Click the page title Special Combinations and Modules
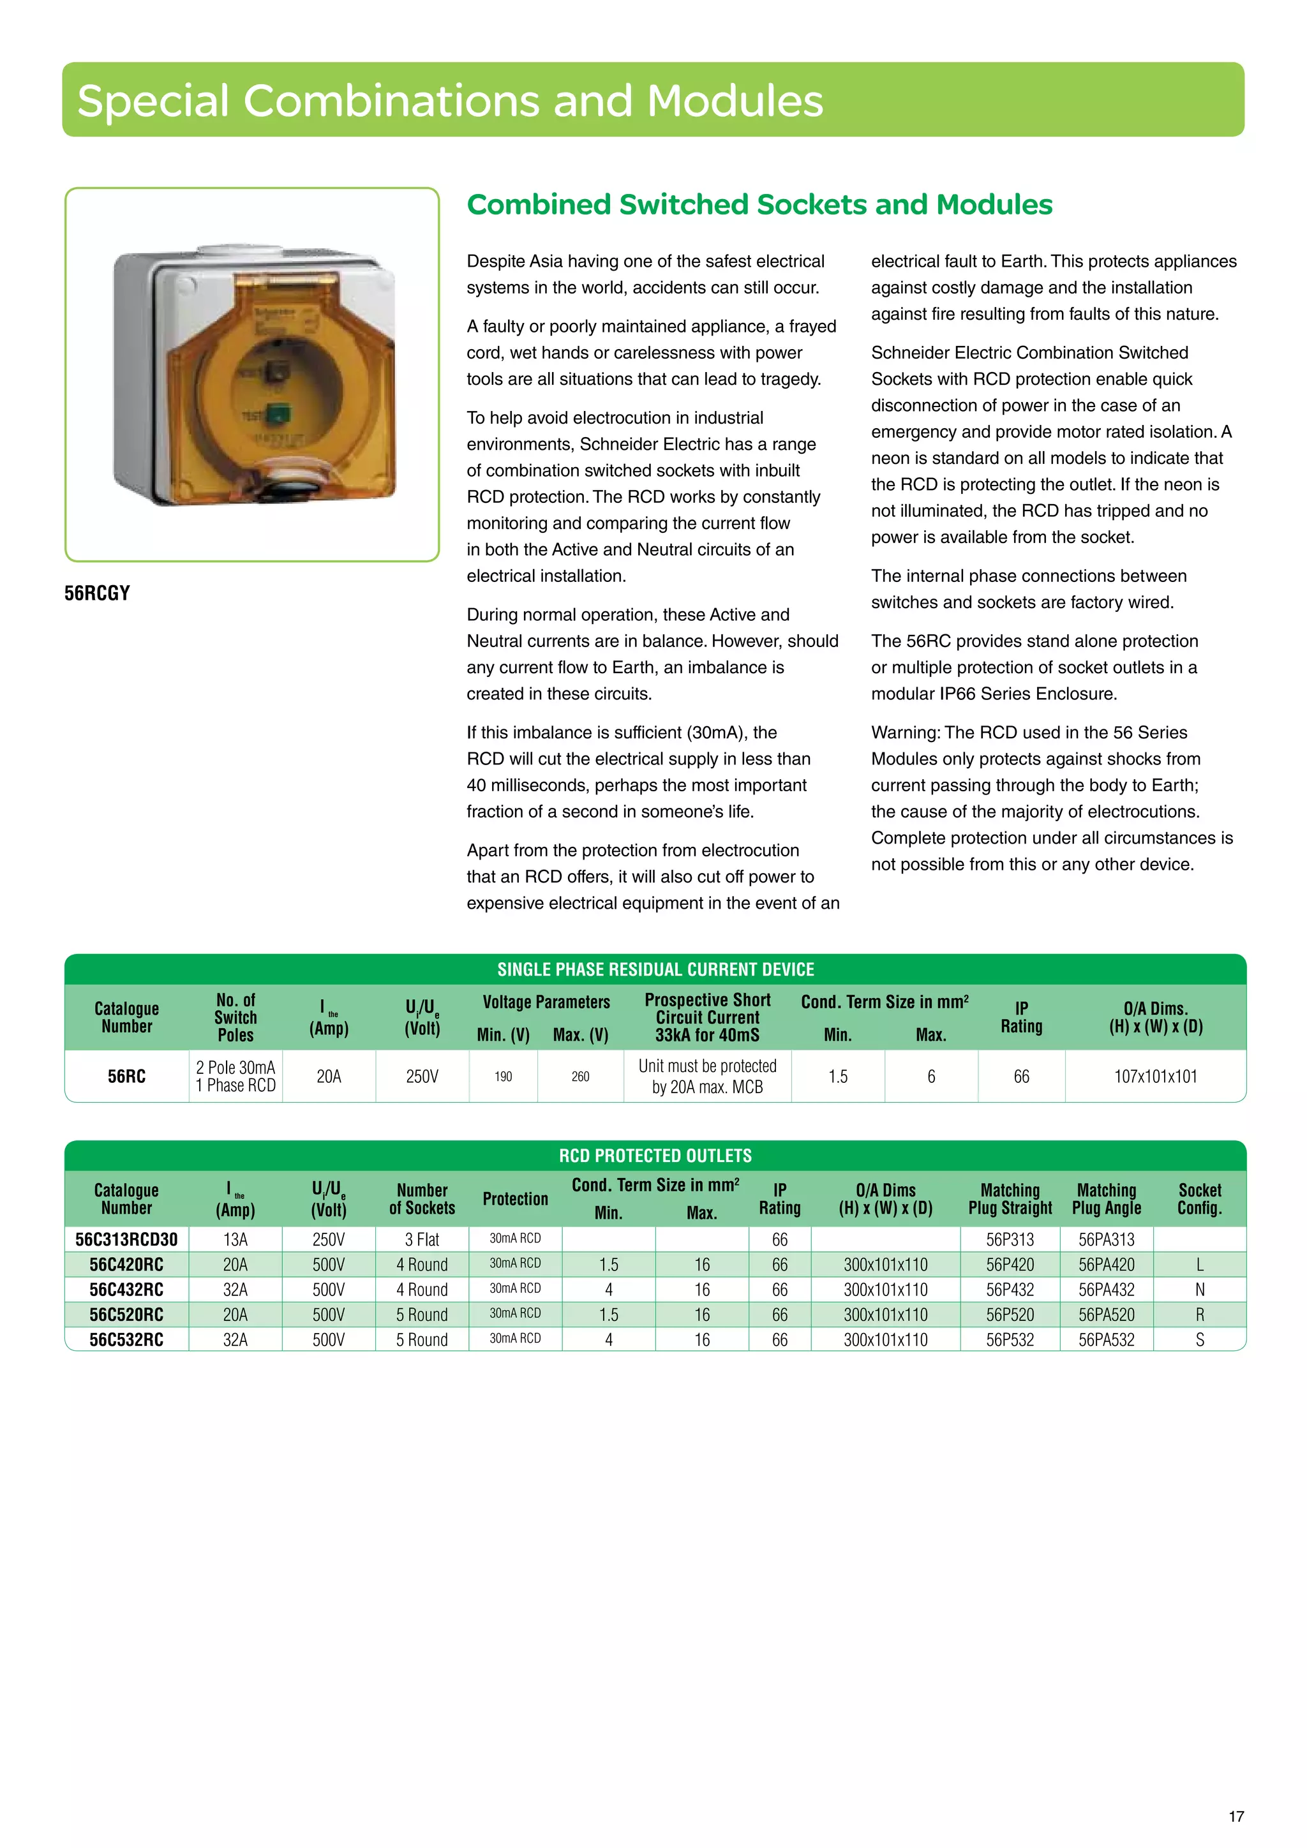450,101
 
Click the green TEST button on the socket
277,415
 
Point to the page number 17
1236,1817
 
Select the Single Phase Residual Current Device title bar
655,969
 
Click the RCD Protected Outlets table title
655,1156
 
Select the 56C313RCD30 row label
126,1239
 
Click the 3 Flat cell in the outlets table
422,1239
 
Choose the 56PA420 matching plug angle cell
1106,1265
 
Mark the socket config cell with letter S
1199,1339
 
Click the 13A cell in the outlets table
235,1239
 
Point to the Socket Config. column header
1199,1198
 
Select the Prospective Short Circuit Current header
706,1017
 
